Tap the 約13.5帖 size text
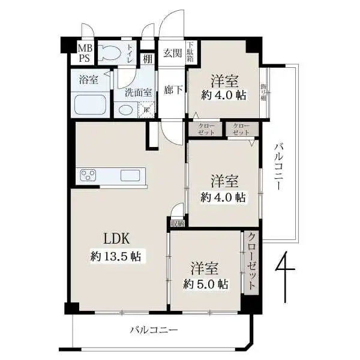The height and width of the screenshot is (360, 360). pos(116,256)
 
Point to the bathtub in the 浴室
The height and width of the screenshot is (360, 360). pos(90,106)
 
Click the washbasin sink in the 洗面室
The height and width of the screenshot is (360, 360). pos(126,109)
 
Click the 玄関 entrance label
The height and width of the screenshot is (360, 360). pos(173,53)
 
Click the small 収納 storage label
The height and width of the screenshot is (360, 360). pos(177,224)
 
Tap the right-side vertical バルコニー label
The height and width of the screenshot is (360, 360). pos(278,166)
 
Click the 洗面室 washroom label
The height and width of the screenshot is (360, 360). pos(138,92)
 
